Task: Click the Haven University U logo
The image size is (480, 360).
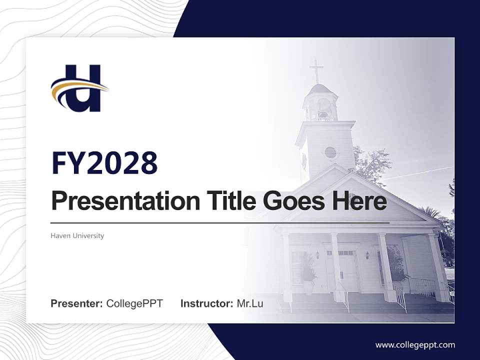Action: click(80, 88)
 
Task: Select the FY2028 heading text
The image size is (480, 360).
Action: click(104, 163)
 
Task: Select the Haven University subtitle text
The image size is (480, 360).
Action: click(77, 235)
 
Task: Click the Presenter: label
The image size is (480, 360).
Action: click(77, 303)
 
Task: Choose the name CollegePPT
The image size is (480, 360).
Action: click(134, 303)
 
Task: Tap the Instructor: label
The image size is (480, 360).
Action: click(206, 303)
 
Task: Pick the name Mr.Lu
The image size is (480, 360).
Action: click(250, 303)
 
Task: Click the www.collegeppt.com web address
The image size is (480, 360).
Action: click(415, 344)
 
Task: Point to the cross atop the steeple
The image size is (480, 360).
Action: click(316, 71)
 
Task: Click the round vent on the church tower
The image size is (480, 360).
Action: click(330, 152)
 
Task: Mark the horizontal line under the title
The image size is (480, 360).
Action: click(220, 222)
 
